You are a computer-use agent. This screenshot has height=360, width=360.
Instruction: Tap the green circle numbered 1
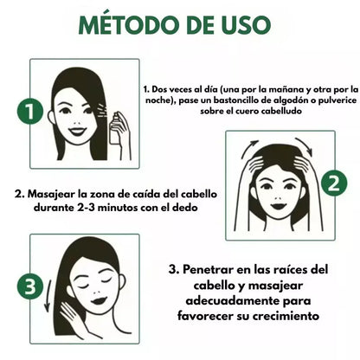click(x=30, y=111)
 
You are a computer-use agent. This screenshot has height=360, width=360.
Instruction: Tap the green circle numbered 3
click(x=30, y=285)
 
